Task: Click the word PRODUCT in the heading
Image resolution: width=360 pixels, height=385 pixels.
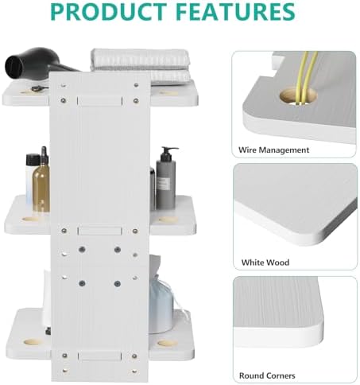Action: [x=109, y=11]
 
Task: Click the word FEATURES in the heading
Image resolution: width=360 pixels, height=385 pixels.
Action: [x=235, y=11]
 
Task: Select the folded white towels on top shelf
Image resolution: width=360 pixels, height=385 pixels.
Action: [x=141, y=66]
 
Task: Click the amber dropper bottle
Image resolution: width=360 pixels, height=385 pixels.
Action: [x=41, y=183]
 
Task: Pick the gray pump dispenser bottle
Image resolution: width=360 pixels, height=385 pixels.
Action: [x=166, y=178]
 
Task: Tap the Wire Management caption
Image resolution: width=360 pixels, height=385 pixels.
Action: [x=273, y=150]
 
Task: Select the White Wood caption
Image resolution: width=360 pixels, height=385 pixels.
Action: [x=265, y=262]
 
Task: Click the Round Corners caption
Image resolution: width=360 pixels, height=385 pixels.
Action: [x=267, y=375]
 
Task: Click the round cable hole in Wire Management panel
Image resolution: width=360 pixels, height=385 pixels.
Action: [x=299, y=96]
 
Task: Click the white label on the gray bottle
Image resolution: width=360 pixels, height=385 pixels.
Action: [x=163, y=183]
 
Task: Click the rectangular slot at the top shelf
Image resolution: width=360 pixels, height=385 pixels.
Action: [x=99, y=101]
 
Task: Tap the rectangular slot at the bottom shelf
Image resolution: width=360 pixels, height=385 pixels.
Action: [x=99, y=356]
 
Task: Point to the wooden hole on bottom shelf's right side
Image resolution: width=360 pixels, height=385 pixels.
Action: [x=168, y=344]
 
